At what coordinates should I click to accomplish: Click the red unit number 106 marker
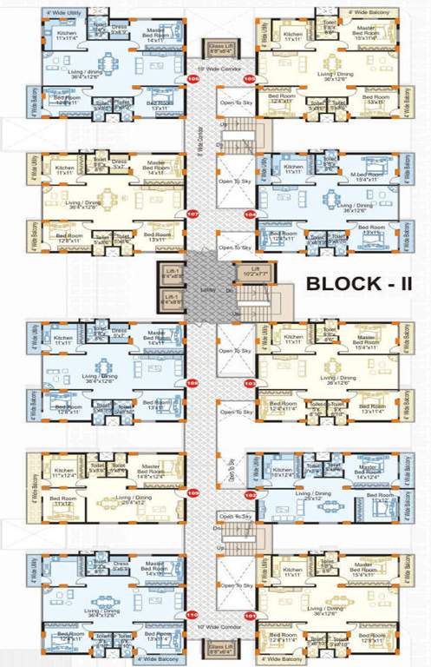pyautogui.click(x=193, y=79)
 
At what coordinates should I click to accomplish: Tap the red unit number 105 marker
pyautogui.click(x=250, y=79)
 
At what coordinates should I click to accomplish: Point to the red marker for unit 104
pyautogui.click(x=250, y=213)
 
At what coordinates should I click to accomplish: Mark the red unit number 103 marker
pyautogui.click(x=250, y=382)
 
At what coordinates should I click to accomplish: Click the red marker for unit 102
pyautogui.click(x=250, y=493)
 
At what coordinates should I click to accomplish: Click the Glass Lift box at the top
pyautogui.click(x=221, y=49)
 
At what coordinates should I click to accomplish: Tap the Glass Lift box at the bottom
pyautogui.click(x=221, y=648)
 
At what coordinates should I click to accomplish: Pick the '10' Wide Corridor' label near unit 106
pyautogui.click(x=217, y=67)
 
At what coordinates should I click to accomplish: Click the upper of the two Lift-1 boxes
pyautogui.click(x=171, y=272)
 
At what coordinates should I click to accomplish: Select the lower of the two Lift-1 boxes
pyautogui.click(x=171, y=300)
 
